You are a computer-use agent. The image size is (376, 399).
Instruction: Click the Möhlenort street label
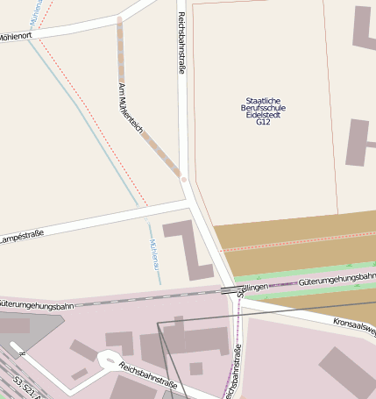(16, 37)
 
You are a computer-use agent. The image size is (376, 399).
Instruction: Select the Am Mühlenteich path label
(130, 107)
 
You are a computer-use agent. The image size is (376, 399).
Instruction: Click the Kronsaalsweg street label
(354, 327)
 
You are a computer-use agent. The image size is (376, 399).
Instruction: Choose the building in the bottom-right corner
(347, 372)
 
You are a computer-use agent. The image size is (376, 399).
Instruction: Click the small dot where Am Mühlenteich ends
(183, 179)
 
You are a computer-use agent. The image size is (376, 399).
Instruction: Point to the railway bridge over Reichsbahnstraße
(230, 289)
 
